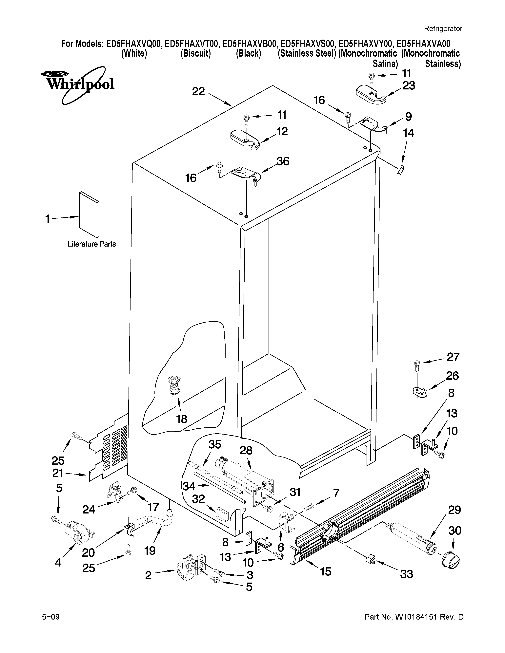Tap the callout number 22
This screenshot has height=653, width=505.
click(198, 91)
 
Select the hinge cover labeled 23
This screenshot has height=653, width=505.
click(370, 95)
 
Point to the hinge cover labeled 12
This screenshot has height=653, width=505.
click(245, 140)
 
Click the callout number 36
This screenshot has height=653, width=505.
click(283, 161)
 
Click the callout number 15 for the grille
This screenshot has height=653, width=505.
click(326, 571)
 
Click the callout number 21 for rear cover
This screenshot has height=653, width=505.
click(58, 473)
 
